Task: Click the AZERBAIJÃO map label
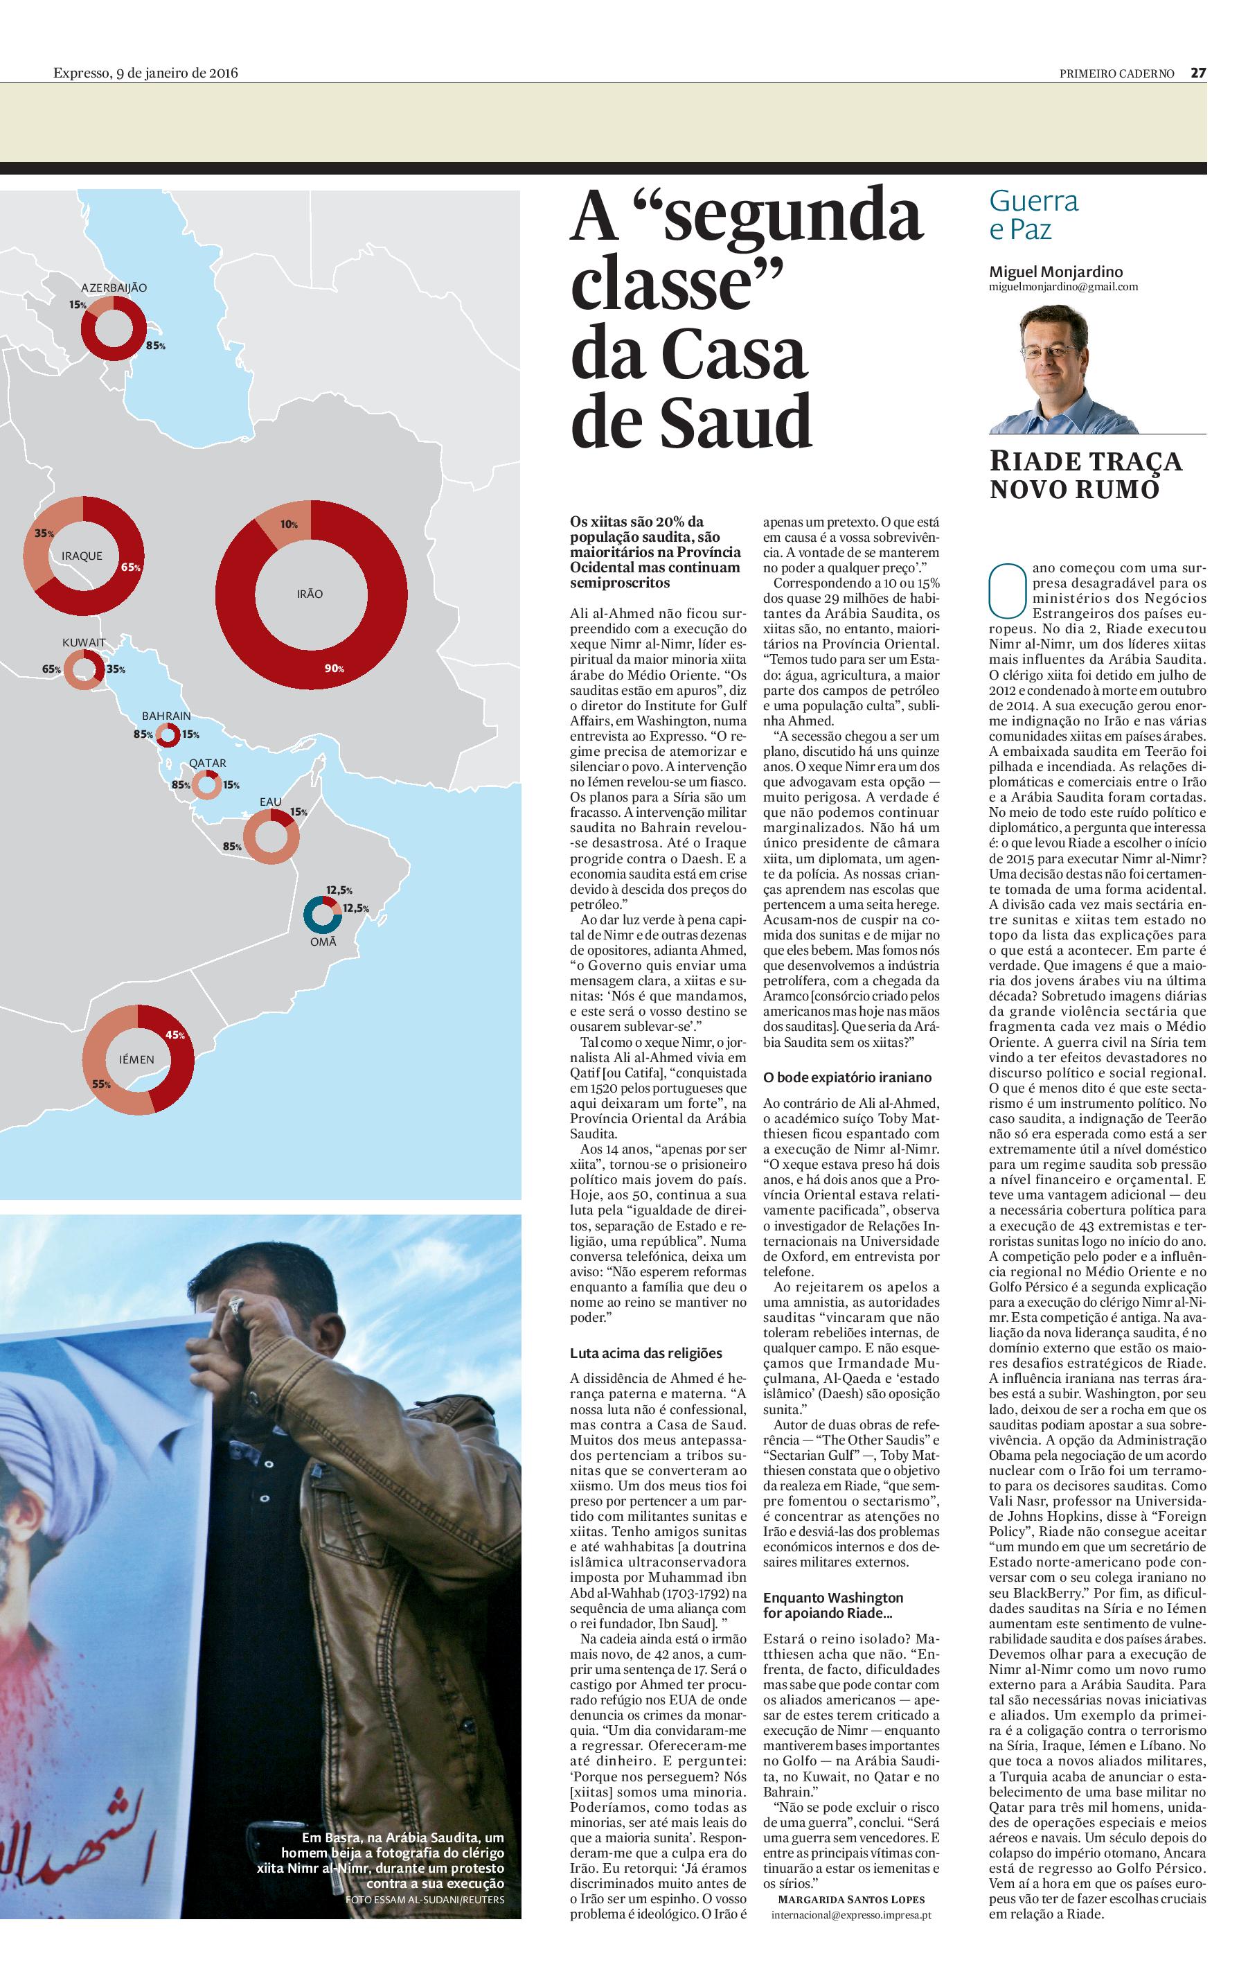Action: [x=114, y=288]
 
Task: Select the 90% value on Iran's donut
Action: [x=335, y=668]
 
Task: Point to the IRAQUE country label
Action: [x=82, y=556]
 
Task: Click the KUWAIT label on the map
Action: [x=84, y=642]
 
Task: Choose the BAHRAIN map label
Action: [x=166, y=716]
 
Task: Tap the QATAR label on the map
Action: [x=207, y=762]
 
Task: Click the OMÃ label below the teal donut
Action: [x=323, y=941]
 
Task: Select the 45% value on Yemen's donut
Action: [x=175, y=1034]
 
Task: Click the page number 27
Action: [x=1198, y=72]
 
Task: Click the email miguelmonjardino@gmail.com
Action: [x=1063, y=287]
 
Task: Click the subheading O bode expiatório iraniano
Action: [x=847, y=1077]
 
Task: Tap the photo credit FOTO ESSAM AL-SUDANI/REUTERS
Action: [x=425, y=1899]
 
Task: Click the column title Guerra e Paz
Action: [x=1033, y=215]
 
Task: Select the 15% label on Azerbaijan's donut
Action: [x=78, y=305]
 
